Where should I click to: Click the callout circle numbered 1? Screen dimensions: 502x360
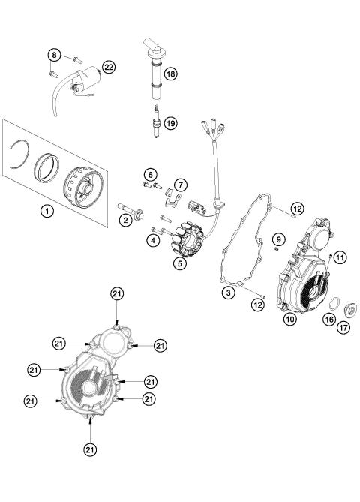coord(47,212)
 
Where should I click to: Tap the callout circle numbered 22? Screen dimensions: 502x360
coord(109,67)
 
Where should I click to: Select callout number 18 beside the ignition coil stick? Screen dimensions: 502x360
coord(171,74)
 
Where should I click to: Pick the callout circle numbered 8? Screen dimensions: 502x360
coord(55,55)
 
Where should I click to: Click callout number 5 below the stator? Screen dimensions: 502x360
coord(178,263)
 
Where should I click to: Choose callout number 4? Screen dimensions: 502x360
coord(154,240)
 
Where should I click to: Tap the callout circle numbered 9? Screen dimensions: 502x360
coord(277,239)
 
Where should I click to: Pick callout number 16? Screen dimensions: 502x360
coord(328,319)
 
